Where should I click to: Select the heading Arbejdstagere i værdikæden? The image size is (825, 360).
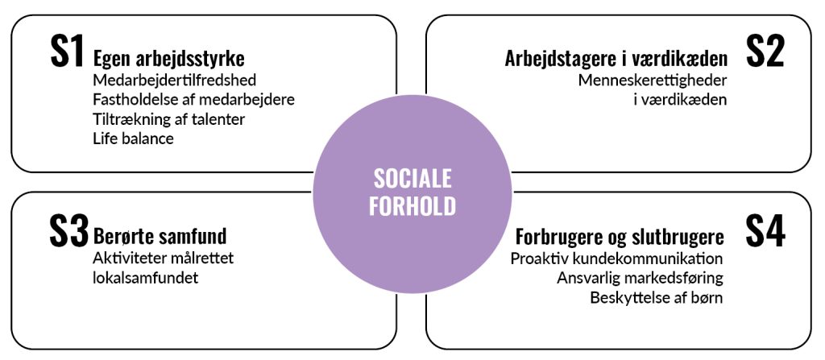pos(616,59)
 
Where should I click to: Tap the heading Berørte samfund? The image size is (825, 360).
pos(160,237)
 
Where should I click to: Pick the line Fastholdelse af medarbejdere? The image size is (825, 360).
pos(193,100)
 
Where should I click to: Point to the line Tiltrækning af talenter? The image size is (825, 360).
pos(169,119)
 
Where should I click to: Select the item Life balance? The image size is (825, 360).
pos(133,138)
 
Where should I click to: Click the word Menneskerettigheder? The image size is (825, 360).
pos(653,81)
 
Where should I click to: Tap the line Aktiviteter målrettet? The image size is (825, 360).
pos(164,259)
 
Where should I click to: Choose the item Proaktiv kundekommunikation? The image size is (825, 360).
pos(616,259)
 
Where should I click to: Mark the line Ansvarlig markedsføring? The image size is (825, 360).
pos(640,278)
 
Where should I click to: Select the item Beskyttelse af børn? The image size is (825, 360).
pos(656,297)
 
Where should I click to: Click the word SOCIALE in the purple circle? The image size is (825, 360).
pos(412,178)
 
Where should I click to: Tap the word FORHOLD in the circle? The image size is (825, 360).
pos(412,206)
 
